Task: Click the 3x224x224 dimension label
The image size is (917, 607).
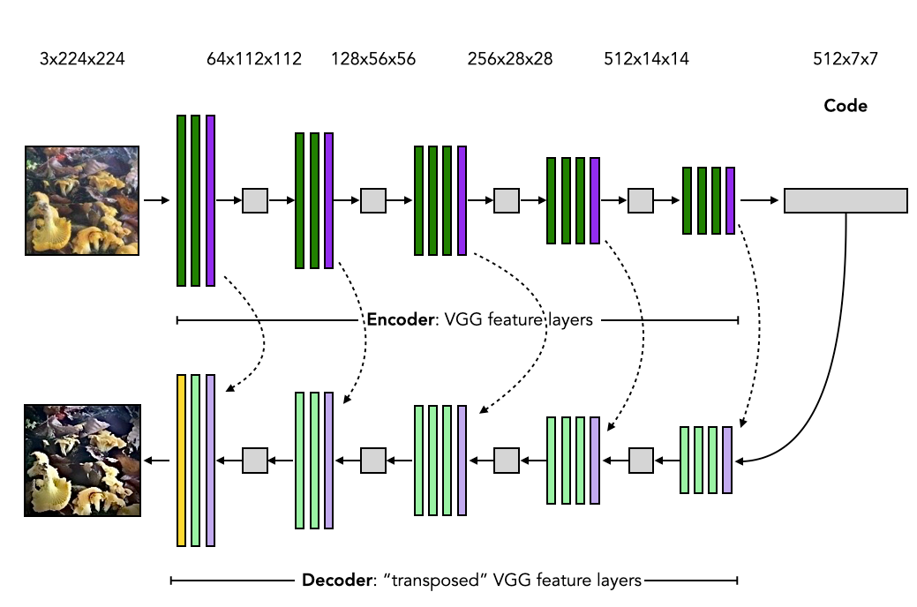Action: [82, 60]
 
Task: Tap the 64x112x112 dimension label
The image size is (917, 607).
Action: [254, 60]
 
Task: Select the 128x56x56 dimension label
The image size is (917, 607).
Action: [373, 60]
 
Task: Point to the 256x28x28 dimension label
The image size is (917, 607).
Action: [510, 60]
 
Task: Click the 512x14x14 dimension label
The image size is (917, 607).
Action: [647, 60]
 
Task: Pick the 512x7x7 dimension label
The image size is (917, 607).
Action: [845, 60]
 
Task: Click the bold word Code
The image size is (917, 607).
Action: [846, 106]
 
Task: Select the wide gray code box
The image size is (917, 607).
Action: [846, 200]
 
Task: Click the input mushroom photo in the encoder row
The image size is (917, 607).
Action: [81, 200]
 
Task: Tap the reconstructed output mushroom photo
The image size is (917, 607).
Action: [82, 460]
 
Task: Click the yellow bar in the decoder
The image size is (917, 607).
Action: [181, 460]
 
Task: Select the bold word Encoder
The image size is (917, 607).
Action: [399, 319]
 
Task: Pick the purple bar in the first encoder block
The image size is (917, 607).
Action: [210, 200]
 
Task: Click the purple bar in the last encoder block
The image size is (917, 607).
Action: [731, 200]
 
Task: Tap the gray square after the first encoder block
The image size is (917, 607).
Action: [255, 200]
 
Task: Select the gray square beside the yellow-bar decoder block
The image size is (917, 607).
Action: [255, 460]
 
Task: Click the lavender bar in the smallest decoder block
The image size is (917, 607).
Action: [727, 460]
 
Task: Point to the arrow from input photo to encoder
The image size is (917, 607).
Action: [156, 200]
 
